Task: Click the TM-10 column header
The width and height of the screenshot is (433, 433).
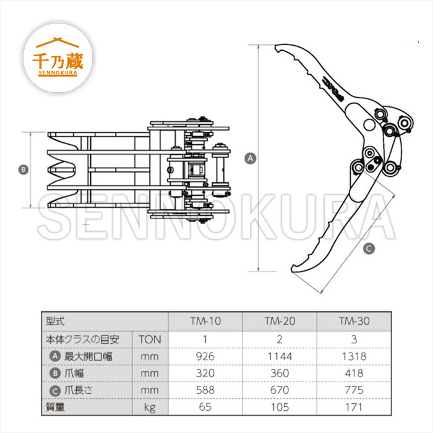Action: coord(205,321)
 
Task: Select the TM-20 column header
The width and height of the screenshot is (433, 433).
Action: coord(280,321)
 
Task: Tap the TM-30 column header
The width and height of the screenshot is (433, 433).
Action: coord(354,321)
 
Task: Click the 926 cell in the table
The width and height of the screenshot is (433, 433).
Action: coord(205,356)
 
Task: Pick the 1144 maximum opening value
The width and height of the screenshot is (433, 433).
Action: coord(280,356)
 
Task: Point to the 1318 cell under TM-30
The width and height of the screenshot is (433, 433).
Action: coord(354,356)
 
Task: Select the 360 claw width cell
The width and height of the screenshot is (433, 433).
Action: coord(280,374)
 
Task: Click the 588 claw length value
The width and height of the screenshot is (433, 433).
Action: coord(205,390)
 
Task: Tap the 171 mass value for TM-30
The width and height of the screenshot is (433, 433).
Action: coord(354,407)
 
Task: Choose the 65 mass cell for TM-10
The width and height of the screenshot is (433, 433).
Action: coord(205,407)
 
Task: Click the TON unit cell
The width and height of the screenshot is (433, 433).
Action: coord(150,340)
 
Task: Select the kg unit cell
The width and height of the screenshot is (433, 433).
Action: coord(150,407)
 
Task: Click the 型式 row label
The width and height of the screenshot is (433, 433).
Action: coord(55,321)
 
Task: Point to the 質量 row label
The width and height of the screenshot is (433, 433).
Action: coord(55,407)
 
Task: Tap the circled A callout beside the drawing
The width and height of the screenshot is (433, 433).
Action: coord(251,158)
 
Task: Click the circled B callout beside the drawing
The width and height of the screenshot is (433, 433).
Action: coord(24,169)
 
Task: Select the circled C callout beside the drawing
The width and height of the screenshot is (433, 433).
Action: coord(369,249)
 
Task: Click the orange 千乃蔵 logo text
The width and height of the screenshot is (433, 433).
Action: coord(58,61)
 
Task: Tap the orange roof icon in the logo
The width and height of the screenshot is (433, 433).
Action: coord(58,42)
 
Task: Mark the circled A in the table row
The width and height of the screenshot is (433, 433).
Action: coord(55,356)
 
